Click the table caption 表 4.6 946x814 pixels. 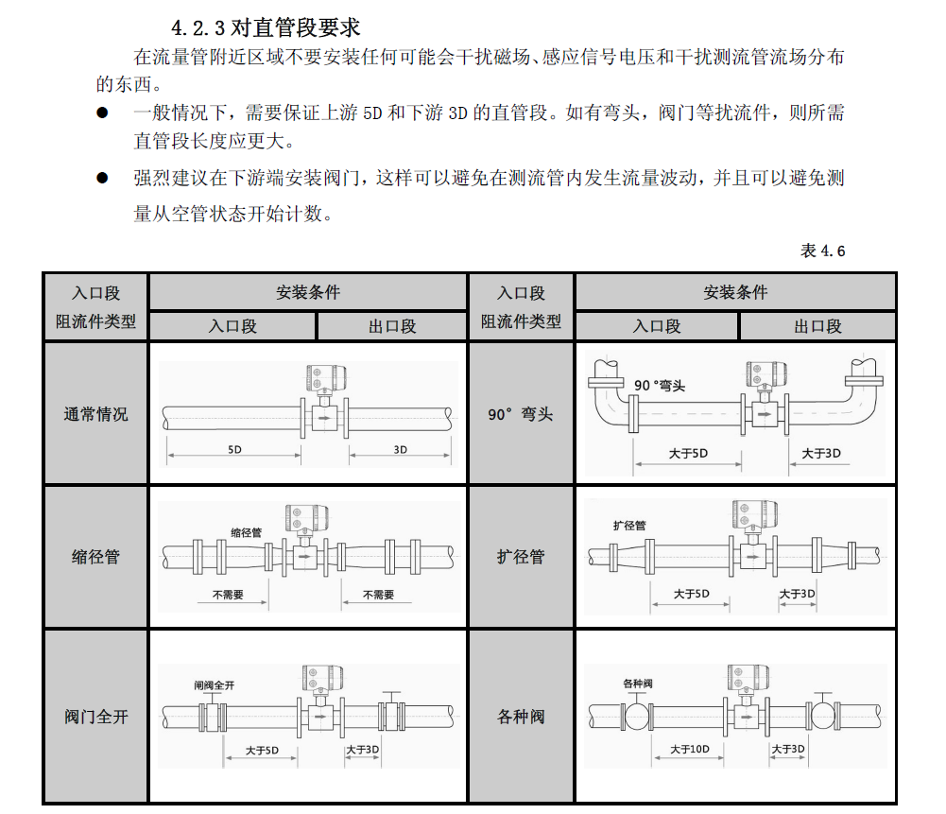click(822, 251)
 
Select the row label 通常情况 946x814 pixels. click(95, 414)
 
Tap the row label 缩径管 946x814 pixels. click(95, 557)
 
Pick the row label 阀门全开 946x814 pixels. click(95, 717)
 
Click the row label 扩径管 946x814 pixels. click(521, 557)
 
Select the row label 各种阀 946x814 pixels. click(521, 717)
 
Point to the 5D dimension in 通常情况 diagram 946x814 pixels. click(234, 450)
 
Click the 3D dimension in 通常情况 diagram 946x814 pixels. click(401, 450)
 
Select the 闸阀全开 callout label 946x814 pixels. click(214, 684)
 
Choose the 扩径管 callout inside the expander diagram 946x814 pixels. click(629, 526)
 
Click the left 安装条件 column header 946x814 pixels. click(308, 292)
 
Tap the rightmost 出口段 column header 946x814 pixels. click(817, 326)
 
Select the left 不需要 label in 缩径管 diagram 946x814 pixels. click(228, 596)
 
